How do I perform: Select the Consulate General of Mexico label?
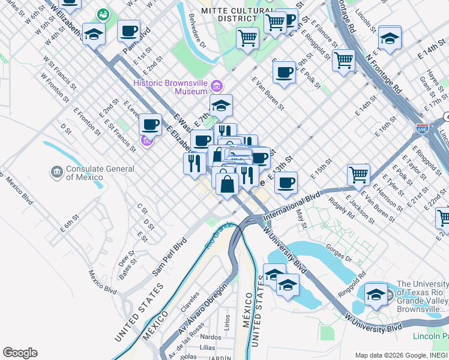point(100,173)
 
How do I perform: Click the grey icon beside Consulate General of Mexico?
point(57,172)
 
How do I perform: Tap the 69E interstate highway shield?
point(421,128)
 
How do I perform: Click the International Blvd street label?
point(291,204)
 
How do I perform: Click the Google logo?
point(20,353)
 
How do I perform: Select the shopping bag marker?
point(227,183)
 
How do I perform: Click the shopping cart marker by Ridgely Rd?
point(358,175)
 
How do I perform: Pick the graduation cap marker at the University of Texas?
point(376,295)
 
